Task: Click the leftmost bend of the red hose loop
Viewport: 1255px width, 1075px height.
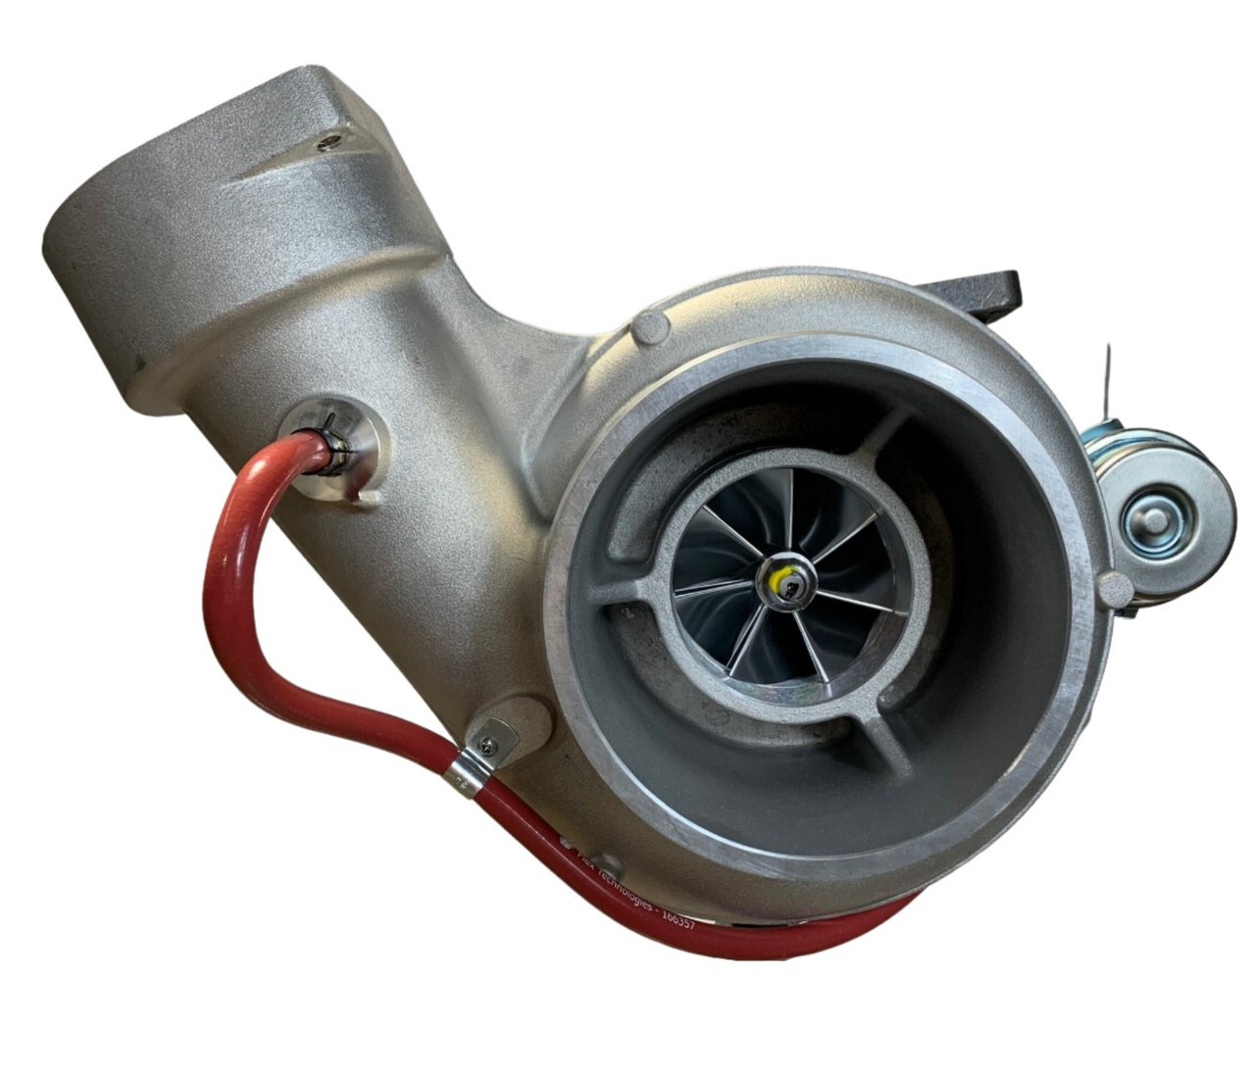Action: coord(211,588)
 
